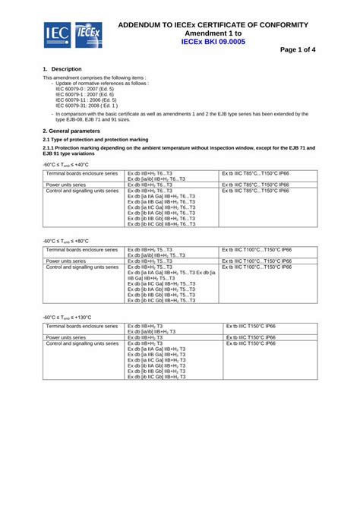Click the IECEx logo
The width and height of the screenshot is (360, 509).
pyautogui.click(x=87, y=34)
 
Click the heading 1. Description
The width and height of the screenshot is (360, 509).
pyautogui.click(x=62, y=69)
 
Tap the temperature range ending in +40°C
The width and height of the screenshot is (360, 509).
pyautogui.click(x=66, y=164)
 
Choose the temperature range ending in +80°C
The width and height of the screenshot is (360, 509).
pyautogui.click(x=66, y=241)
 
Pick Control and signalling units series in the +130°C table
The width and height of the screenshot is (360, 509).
pyautogui.click(x=82, y=343)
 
